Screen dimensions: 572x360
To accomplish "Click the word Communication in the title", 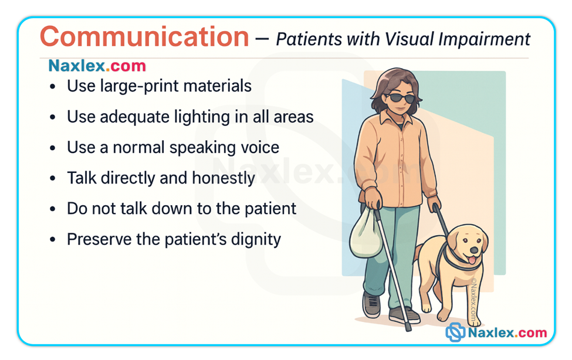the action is (144, 37).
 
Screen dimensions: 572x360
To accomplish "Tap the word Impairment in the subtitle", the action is (484, 39).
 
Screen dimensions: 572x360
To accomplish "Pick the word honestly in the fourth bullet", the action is (224, 179).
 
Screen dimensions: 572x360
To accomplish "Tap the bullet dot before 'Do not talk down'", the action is (53, 209).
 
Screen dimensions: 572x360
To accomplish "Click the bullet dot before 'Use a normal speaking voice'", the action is (53, 148).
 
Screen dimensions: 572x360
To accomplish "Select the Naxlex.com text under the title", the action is (97, 66).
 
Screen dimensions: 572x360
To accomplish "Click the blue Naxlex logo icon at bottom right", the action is (455, 332).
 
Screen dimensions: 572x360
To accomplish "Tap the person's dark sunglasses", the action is (401, 98).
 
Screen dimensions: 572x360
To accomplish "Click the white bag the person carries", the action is (365, 233).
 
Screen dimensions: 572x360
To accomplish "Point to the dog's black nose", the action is (474, 250).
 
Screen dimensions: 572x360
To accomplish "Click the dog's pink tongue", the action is (472, 260).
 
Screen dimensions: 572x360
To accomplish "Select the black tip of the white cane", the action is (408, 327).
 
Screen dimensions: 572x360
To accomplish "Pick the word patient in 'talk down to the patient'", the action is (270, 209).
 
